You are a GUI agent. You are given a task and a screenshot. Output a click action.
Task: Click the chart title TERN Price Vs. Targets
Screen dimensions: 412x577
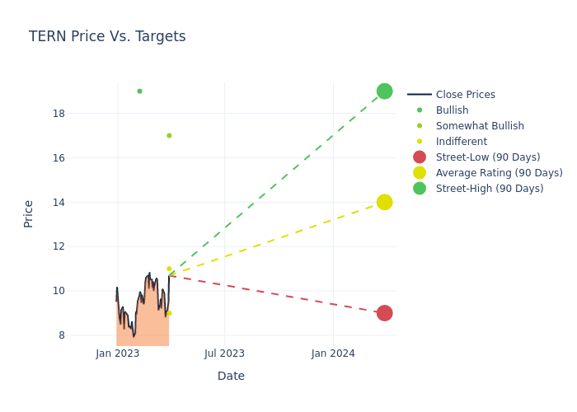point(107,36)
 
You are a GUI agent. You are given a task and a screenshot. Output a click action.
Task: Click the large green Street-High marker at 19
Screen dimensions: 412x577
point(384,91)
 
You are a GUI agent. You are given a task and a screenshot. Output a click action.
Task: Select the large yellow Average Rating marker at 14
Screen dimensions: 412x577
point(384,202)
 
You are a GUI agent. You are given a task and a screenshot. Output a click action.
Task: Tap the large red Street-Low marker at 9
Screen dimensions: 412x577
point(384,313)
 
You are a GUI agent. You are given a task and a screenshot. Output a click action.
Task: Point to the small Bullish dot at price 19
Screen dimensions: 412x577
point(139,91)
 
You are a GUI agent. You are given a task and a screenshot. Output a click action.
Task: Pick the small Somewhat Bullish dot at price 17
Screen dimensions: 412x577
point(169,136)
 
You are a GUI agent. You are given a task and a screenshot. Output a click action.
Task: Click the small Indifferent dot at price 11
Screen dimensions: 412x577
point(169,269)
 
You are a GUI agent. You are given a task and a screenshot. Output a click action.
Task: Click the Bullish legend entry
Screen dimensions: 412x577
point(452,110)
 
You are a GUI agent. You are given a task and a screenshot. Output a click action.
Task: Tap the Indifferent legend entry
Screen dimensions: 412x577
point(460,142)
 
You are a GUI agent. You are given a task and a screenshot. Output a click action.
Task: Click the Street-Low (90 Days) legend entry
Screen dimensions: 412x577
point(487,157)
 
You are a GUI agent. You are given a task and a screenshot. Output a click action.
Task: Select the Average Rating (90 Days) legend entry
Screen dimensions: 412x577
point(499,173)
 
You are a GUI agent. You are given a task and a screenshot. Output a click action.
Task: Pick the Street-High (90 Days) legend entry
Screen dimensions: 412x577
point(489,189)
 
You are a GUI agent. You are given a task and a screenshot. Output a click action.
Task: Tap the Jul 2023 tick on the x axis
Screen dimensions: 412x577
point(224,353)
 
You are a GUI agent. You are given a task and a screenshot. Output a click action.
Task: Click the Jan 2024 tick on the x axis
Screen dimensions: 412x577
point(333,353)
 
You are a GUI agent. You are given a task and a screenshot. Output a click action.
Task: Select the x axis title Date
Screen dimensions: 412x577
point(231,377)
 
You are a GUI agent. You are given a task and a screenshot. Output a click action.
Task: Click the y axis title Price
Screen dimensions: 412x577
point(29,213)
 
